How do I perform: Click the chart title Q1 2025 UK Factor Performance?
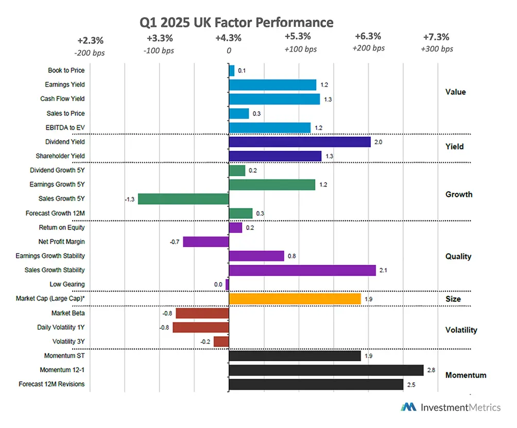236,23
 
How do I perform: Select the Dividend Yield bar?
299,142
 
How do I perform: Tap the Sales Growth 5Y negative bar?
183,199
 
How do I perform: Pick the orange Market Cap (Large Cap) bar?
295,299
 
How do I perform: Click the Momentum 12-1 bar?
325,370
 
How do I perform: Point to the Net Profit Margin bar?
205,241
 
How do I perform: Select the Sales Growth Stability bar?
302,270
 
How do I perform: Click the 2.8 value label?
431,370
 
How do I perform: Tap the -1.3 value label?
130,199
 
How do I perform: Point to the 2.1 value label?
383,270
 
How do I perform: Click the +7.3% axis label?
436,37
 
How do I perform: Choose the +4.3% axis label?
228,38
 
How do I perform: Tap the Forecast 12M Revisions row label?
51,384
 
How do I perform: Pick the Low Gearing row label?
67,284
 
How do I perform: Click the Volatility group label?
461,330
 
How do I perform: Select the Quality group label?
458,256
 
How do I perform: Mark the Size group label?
453,299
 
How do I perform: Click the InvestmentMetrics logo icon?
409,407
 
